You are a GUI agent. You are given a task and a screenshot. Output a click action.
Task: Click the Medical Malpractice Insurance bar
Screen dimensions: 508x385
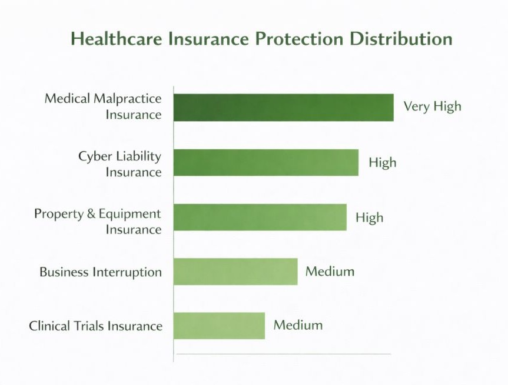point(284,108)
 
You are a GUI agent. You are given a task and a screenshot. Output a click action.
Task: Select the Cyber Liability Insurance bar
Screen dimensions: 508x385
point(266,163)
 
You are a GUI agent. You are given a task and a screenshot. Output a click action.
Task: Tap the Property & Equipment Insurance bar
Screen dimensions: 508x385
point(260,217)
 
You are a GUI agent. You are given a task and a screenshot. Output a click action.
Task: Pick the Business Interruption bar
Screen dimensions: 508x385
point(235,272)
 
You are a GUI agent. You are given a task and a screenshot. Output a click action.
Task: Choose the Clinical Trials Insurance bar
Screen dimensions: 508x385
point(219,326)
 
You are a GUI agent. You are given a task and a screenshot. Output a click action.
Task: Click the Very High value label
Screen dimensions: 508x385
point(432,107)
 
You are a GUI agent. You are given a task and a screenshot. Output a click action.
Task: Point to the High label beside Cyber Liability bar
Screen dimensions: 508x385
point(382,163)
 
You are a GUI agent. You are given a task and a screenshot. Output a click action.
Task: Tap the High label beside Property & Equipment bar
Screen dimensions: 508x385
point(369,217)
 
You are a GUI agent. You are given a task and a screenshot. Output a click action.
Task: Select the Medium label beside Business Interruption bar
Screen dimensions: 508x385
point(330,271)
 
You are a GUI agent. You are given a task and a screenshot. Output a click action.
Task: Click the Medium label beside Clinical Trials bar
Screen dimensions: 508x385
point(298,325)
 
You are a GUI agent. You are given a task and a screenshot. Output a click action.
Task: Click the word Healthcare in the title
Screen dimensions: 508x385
point(117,39)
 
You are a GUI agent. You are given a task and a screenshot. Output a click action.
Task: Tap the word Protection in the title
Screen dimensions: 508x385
point(299,39)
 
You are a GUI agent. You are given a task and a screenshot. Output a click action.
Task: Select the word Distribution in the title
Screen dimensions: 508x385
point(401,39)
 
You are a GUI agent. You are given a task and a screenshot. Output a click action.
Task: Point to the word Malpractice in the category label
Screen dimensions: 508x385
point(127,99)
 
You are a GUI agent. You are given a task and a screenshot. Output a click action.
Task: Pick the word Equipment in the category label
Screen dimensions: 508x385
point(130,214)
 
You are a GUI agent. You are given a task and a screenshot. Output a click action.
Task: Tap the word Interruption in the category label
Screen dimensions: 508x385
point(127,272)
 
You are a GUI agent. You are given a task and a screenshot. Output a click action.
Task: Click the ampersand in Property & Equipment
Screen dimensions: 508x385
point(91,214)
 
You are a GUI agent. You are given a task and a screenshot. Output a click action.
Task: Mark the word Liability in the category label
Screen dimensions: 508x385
point(138,156)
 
